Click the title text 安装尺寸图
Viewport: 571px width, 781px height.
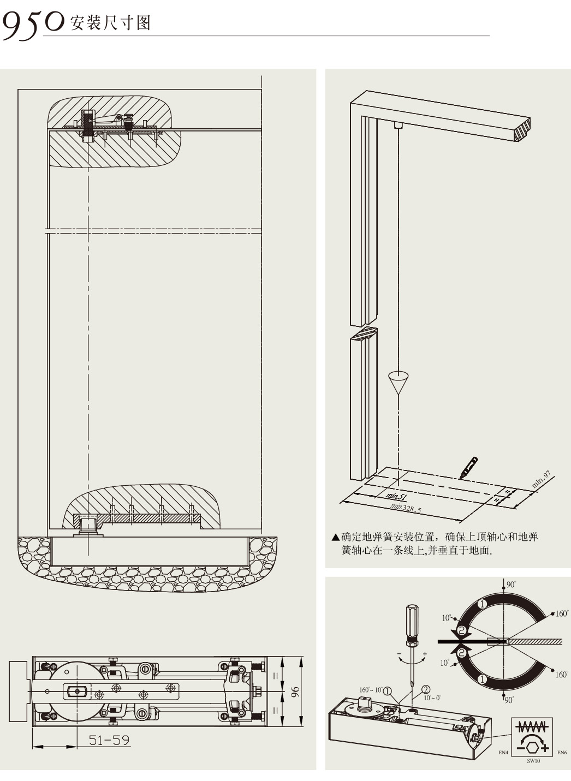pos(110,23)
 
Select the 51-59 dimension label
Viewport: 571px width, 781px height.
pos(109,740)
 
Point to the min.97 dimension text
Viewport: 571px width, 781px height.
pos(541,479)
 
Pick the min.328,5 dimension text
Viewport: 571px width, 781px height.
pos(406,508)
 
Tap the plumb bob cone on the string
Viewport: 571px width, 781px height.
pos(400,381)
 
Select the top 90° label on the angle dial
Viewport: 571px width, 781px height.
pos(511,584)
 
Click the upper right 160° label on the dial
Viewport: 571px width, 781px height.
pos(562,613)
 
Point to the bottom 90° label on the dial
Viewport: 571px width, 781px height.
pos(509,700)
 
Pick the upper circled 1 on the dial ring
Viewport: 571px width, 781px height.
pos(482,604)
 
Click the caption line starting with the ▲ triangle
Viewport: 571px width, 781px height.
pos(435,537)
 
